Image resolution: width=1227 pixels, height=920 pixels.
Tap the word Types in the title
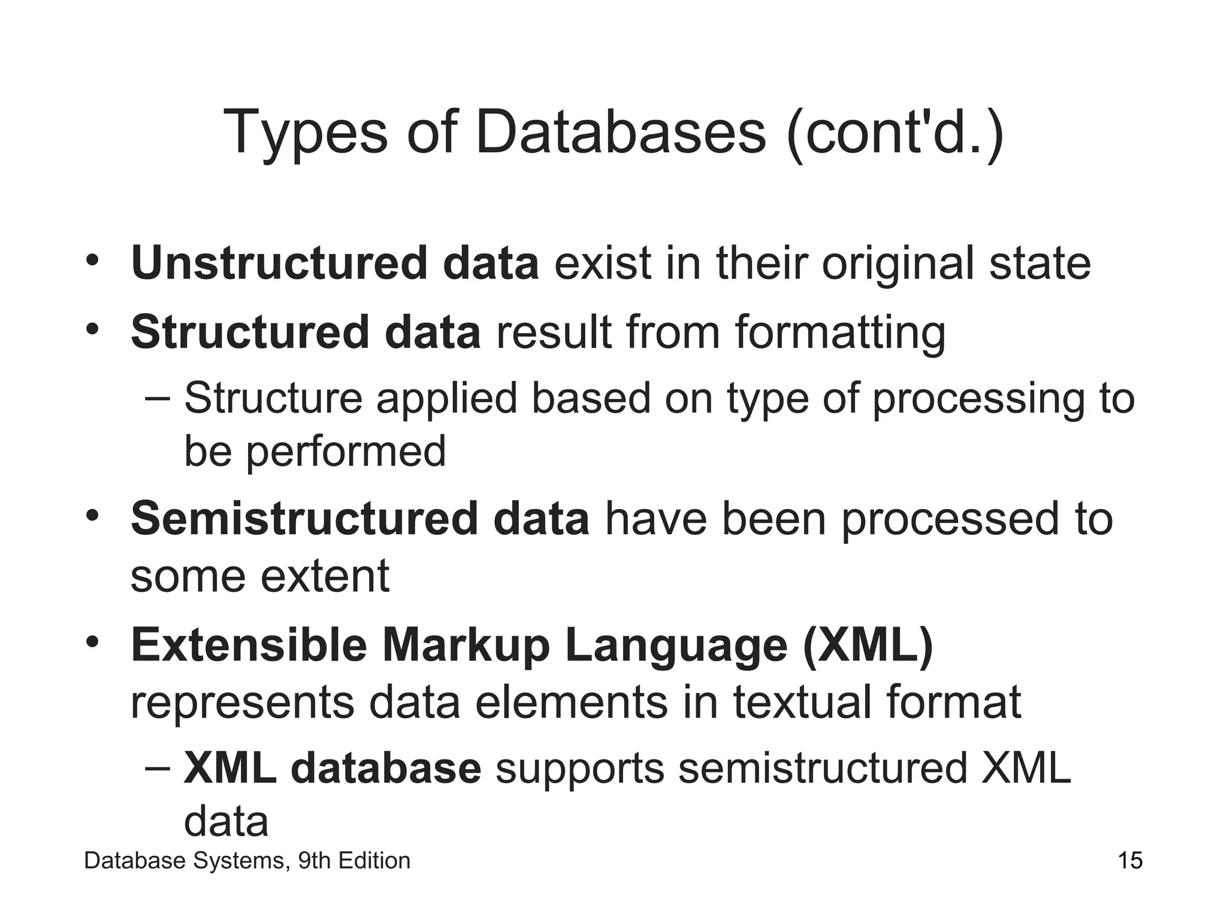coord(305,133)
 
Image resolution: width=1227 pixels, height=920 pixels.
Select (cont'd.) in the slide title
coord(895,133)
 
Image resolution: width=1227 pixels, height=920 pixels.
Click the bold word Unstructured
coord(279,264)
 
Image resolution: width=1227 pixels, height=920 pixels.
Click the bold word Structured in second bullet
coord(250,332)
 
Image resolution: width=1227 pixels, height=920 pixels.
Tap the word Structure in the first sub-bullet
coord(273,398)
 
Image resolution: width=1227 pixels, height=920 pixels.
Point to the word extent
coord(325,576)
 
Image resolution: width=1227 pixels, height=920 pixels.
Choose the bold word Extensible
coord(249,646)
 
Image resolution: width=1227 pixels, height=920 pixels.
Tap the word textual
coord(802,703)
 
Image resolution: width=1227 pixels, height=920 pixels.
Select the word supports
coord(580,768)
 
